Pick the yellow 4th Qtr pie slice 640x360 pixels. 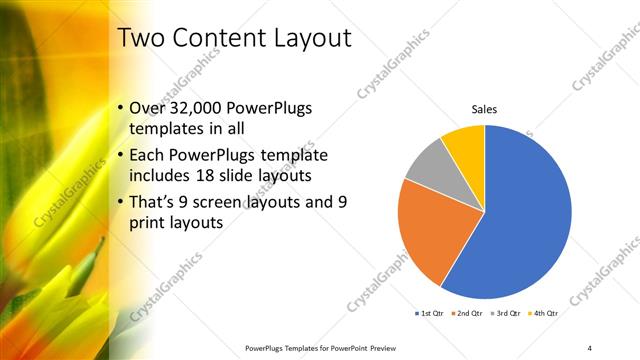coord(466,143)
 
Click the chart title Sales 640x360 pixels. coord(484,109)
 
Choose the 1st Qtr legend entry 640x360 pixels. coord(430,313)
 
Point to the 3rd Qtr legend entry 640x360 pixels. coord(505,313)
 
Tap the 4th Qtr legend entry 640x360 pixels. coord(543,313)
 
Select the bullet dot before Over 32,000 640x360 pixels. coord(120,108)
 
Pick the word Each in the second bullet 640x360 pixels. coord(147,155)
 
